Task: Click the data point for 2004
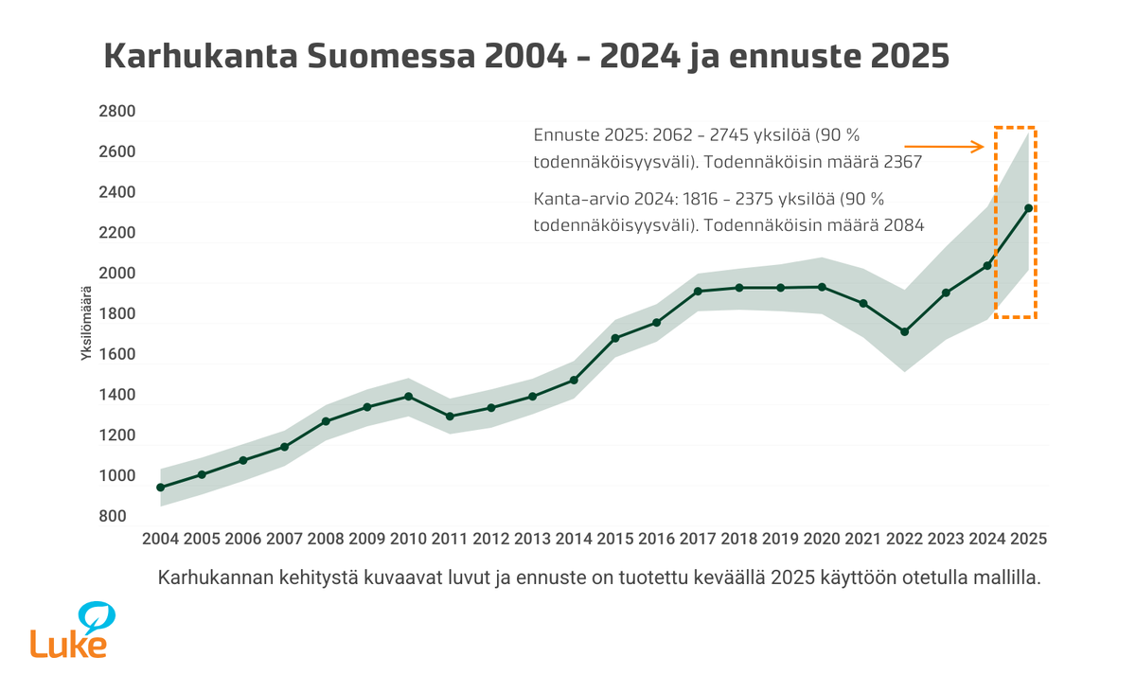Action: (x=161, y=488)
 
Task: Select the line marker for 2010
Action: (x=408, y=396)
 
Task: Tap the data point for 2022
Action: (x=905, y=331)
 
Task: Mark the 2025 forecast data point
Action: (x=1029, y=207)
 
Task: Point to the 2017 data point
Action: (x=698, y=291)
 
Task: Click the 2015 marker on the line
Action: (x=615, y=338)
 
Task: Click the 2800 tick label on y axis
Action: (x=117, y=112)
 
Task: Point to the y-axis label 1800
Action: (x=117, y=314)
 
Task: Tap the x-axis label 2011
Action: (x=450, y=539)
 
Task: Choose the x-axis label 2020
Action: (x=822, y=539)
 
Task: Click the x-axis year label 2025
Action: (x=1028, y=539)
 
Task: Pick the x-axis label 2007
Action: (x=284, y=539)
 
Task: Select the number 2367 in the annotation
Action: (x=903, y=163)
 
